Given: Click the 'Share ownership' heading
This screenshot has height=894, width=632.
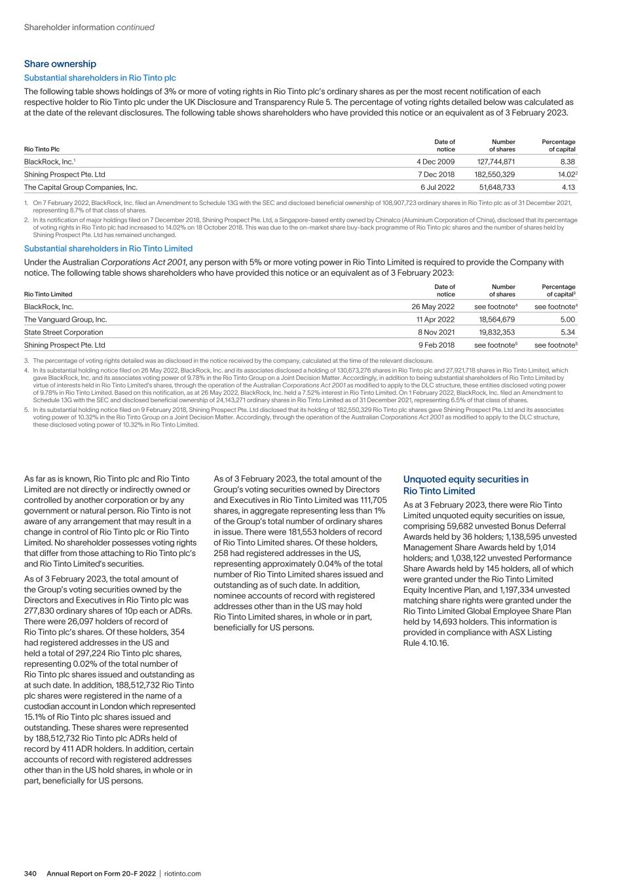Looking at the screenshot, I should point(60,64).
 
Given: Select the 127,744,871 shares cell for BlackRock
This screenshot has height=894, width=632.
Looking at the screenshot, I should point(494,162).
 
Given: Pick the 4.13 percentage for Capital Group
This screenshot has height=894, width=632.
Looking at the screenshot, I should point(568,187).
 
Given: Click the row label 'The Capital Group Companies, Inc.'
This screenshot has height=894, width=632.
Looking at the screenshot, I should point(81,187).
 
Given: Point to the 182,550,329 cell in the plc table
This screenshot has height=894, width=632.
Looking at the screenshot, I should point(494,174).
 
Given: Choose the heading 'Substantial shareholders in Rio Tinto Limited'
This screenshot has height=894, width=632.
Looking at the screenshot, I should point(108,249).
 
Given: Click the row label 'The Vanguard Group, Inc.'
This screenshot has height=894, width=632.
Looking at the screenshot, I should point(65,320).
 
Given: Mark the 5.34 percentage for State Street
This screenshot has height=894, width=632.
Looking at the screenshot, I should point(568,332).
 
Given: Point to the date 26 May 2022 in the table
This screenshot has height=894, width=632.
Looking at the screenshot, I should point(433,307).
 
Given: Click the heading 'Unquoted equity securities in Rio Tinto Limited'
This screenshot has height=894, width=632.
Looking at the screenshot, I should point(466,485).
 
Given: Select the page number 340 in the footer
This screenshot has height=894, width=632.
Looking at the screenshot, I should point(33,874).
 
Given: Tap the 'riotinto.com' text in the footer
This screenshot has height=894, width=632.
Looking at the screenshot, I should point(183,874).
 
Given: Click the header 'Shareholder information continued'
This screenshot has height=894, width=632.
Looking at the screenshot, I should point(89,28).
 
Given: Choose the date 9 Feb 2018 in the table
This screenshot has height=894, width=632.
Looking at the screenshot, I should point(436,345).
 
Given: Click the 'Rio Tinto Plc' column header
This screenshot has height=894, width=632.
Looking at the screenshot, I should point(41,150).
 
